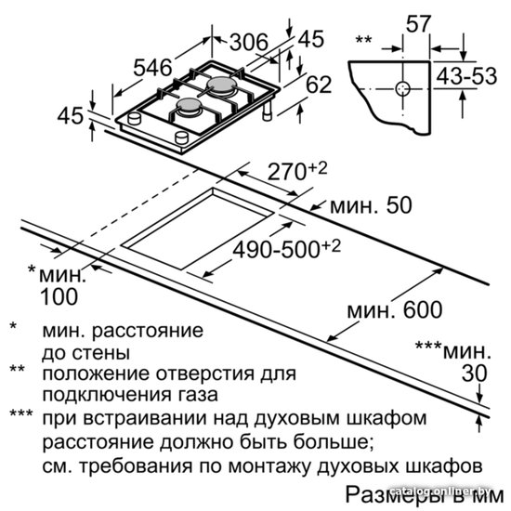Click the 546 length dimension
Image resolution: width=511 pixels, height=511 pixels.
point(152,68)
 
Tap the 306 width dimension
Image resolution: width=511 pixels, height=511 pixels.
point(249,42)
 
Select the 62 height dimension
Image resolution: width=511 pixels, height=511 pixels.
point(319,85)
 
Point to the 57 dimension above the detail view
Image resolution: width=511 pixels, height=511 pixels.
point(419,24)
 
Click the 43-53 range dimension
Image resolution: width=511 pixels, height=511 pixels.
point(466,76)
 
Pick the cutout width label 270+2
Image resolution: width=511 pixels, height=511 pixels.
point(297,172)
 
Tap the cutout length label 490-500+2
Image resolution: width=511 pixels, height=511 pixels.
point(286,250)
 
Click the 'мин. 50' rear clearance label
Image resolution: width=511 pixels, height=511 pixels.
point(372,205)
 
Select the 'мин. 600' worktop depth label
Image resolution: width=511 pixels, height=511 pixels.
point(395,309)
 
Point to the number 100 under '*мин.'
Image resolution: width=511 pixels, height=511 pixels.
point(59,296)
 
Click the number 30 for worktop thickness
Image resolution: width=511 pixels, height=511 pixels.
point(474,373)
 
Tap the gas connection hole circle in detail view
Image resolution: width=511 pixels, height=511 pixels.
point(402,88)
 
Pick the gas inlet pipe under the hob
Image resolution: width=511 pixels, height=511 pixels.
point(269,111)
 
